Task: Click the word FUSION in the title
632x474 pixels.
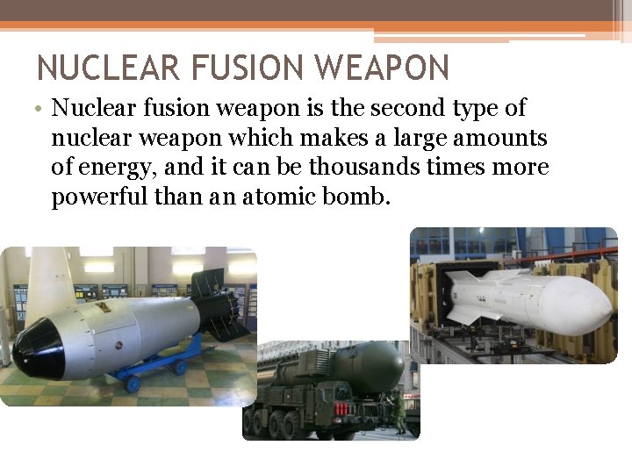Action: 244,68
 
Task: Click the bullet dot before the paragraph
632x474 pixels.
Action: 41,110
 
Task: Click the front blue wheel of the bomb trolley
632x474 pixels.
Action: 133,384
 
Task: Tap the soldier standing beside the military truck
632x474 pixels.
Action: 400,413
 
